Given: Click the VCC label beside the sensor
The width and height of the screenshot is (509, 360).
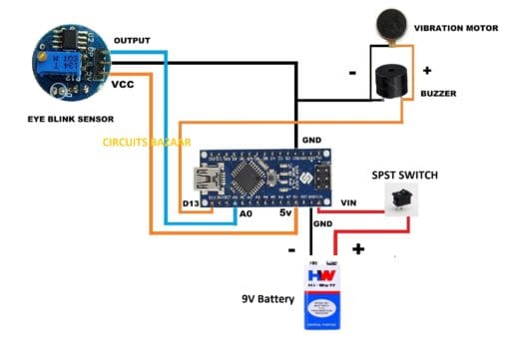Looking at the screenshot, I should (x=122, y=85).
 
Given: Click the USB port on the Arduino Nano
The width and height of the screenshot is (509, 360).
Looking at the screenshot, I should (x=209, y=180).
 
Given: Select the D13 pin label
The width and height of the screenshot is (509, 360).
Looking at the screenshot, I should (x=191, y=204).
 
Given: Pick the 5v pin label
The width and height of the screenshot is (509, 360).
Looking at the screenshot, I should (x=286, y=212).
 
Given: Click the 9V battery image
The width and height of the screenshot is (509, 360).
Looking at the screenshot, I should (x=316, y=295).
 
